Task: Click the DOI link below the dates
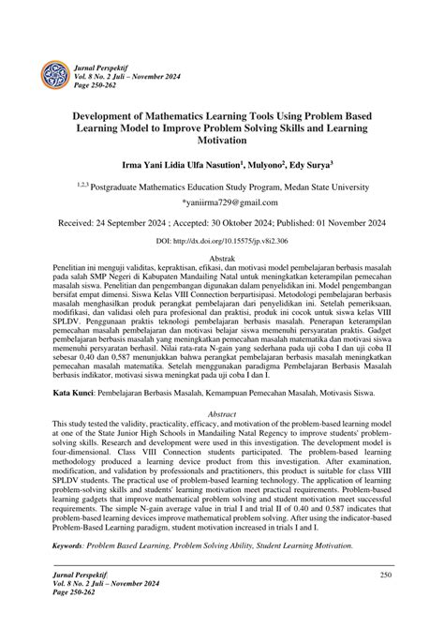tap(221, 241)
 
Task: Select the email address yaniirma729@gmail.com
tap(221, 202)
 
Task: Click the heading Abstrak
tap(221, 257)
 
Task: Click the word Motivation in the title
tap(221, 141)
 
